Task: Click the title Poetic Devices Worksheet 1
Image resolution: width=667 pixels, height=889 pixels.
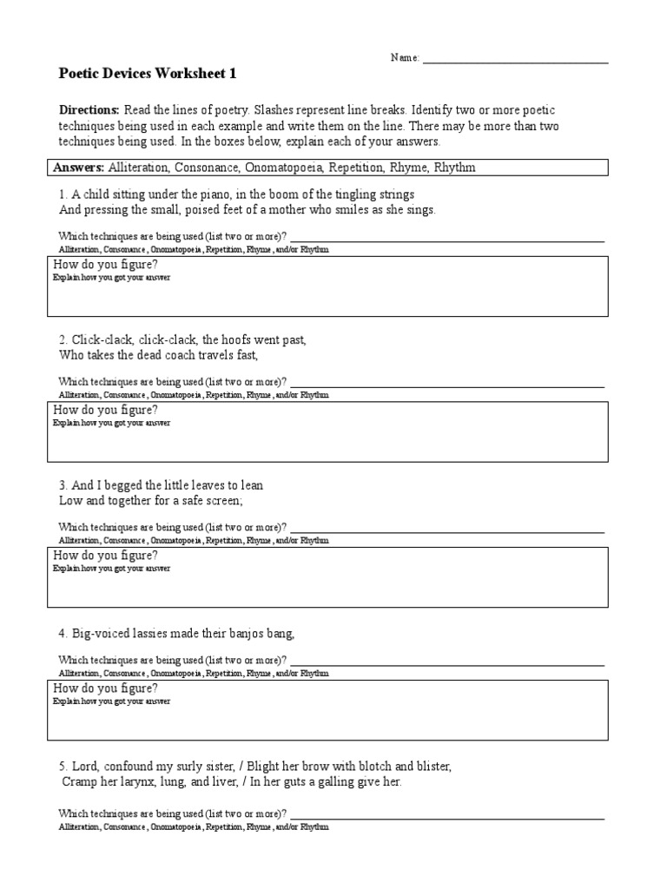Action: click(x=147, y=75)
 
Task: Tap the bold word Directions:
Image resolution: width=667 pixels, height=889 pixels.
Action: click(x=89, y=111)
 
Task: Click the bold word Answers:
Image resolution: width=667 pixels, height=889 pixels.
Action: click(x=79, y=168)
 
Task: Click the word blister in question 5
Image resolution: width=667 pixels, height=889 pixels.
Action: click(x=430, y=767)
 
